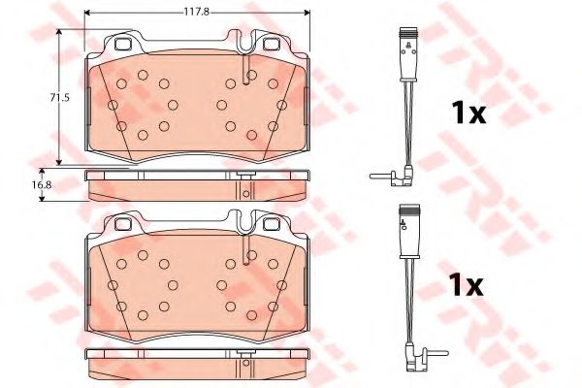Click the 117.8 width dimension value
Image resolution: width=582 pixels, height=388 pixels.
pos(197,12)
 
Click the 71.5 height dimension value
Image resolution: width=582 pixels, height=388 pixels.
pos(60,98)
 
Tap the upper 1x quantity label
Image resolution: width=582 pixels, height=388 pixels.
pos(469,113)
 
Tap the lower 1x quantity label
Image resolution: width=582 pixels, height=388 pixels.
pos(467,285)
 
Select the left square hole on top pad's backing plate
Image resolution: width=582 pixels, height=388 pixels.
pos(122,45)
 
